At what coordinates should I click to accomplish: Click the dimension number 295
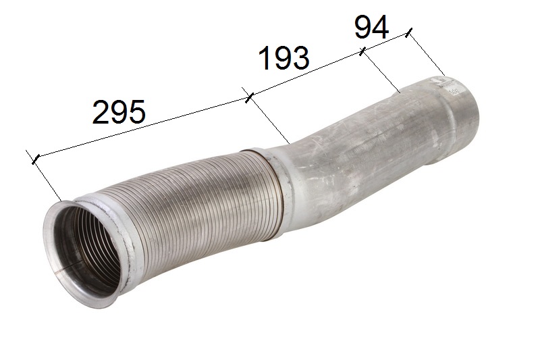pyautogui.click(x=119, y=112)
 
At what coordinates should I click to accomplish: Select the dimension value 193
pyautogui.click(x=283, y=58)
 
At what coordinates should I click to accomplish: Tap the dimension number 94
pyautogui.click(x=372, y=27)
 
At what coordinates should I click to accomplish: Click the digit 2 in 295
pyautogui.click(x=101, y=112)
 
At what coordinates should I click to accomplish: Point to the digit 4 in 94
pyautogui.click(x=381, y=27)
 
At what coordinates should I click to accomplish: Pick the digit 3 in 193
pyautogui.click(x=300, y=58)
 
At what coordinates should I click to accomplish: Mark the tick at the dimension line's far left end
pyautogui.click(x=36, y=159)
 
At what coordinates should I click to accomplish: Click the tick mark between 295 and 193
pyautogui.click(x=249, y=97)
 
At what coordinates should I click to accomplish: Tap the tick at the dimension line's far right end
pyautogui.click(x=408, y=33)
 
